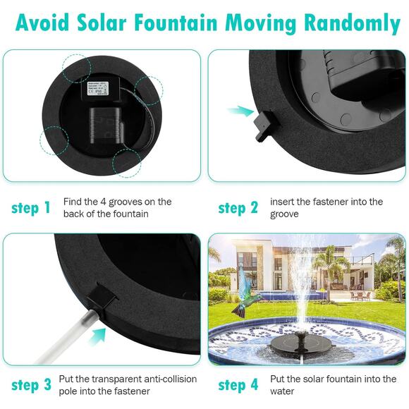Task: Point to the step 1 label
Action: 30,208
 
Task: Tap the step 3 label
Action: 30,385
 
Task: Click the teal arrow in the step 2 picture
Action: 244,110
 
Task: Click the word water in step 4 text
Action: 283,391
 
